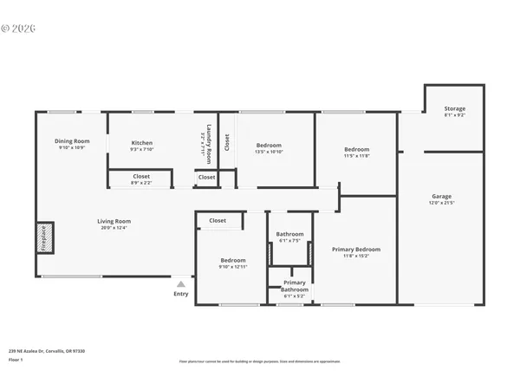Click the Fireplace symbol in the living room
click(44, 237)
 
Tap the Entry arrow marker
click(180, 283)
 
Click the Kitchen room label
click(142, 143)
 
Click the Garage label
click(442, 196)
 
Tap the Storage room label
click(455, 109)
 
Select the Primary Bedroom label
click(356, 250)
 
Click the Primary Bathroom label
click(294, 283)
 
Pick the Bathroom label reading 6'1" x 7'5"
click(290, 234)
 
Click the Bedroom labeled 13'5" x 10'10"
click(268, 146)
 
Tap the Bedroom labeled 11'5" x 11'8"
click(356, 149)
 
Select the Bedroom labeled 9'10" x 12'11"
click(232, 260)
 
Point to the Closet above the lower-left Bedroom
click(218, 220)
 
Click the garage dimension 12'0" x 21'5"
click(442, 202)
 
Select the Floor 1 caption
click(16, 359)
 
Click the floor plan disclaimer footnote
click(259, 361)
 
